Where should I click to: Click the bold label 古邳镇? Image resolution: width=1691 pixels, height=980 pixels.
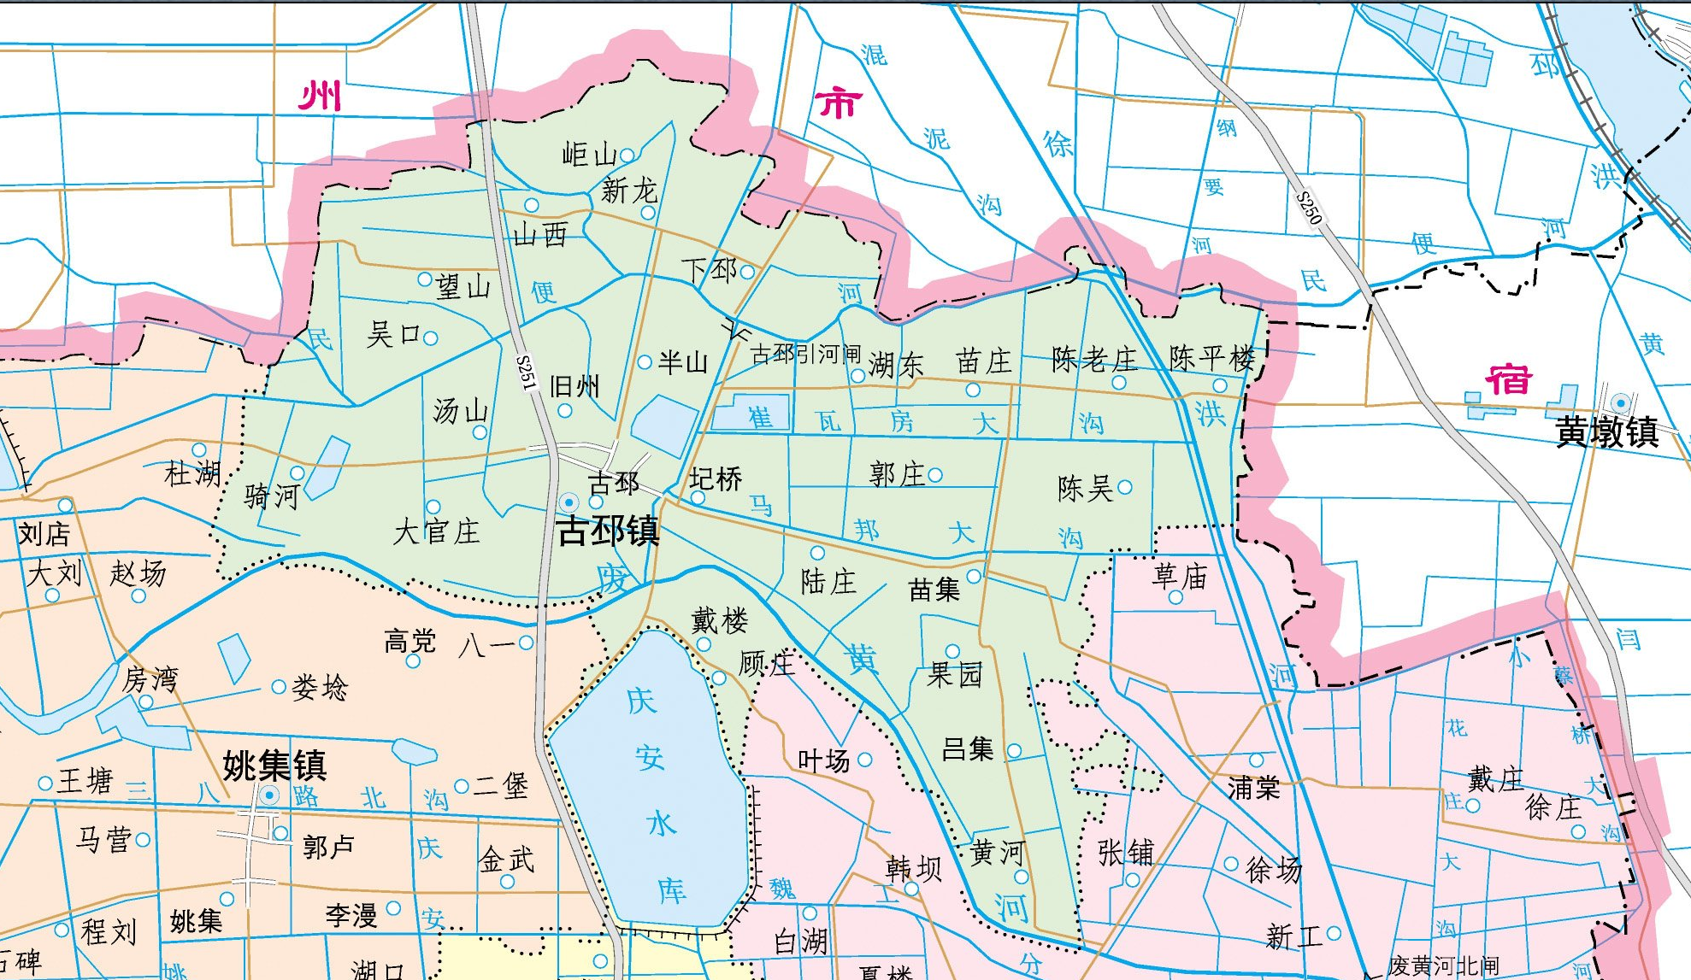pyautogui.click(x=608, y=531)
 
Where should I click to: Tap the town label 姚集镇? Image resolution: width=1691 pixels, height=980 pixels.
pyautogui.click(x=274, y=765)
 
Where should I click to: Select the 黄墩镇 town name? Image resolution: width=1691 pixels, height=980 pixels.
pyautogui.click(x=1606, y=432)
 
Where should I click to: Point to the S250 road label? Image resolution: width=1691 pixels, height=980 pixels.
pyautogui.click(x=1308, y=208)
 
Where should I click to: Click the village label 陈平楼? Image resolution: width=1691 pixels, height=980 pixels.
pyautogui.click(x=1212, y=358)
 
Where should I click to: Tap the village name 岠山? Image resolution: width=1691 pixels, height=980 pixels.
pyautogui.click(x=589, y=155)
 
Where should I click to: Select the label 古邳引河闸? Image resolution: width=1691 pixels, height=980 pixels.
pyautogui.click(x=804, y=355)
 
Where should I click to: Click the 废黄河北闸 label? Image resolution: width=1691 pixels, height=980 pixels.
pyautogui.click(x=1443, y=966)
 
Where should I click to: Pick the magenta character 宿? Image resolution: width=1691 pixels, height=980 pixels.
pyautogui.click(x=1508, y=379)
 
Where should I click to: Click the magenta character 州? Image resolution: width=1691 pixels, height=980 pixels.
pyautogui.click(x=321, y=96)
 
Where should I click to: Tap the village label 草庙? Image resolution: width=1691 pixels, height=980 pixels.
pyautogui.click(x=1180, y=577)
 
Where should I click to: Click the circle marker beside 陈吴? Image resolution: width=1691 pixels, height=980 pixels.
pyautogui.click(x=1125, y=487)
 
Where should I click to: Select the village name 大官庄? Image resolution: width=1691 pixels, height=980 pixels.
pyautogui.click(x=436, y=531)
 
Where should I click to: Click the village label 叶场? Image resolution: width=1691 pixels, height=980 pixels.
pyautogui.click(x=823, y=760)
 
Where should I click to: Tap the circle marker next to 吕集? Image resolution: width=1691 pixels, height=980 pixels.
pyautogui.click(x=1014, y=751)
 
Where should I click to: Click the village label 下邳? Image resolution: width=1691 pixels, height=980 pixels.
pyautogui.click(x=709, y=270)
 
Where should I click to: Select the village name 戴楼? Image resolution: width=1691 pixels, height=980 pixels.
pyautogui.click(x=720, y=620)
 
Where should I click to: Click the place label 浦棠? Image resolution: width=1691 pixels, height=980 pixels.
pyautogui.click(x=1253, y=787)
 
